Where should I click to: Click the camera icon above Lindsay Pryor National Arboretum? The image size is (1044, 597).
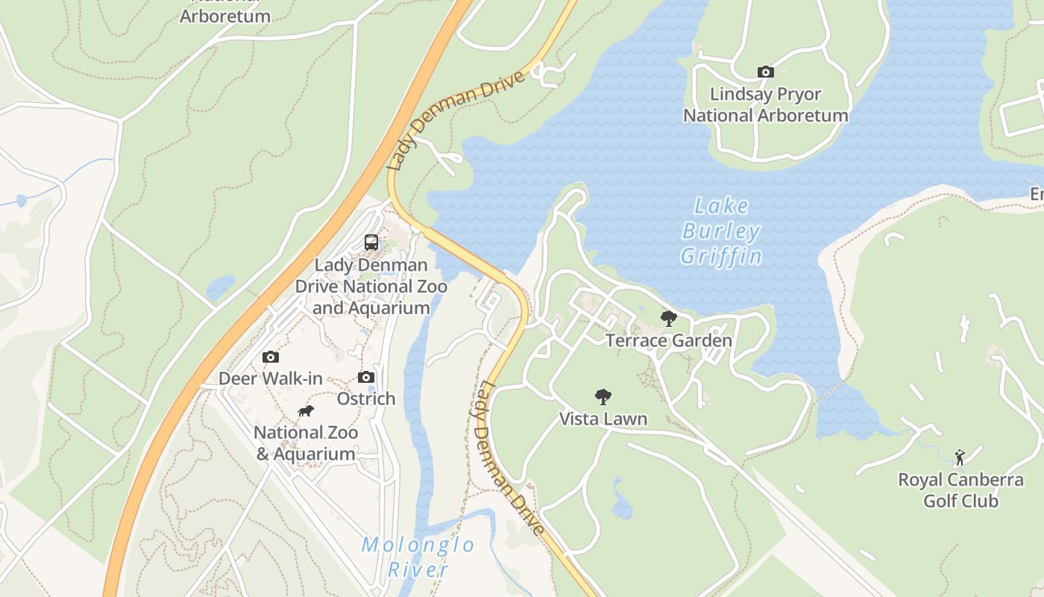765,72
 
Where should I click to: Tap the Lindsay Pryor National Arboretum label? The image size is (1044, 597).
766,105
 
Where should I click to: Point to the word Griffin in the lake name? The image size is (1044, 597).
721,257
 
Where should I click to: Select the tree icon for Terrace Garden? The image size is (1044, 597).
669,319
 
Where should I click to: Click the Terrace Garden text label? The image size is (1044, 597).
669,341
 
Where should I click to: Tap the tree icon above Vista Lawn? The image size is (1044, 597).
603,397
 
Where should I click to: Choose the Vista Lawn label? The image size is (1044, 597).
603,419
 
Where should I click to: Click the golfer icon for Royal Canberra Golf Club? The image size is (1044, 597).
960,457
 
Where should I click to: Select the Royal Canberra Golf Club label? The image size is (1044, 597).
960,490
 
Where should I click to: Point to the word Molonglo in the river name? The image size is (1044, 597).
418,545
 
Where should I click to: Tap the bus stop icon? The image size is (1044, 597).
371,243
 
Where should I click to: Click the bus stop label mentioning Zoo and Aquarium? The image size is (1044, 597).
371,287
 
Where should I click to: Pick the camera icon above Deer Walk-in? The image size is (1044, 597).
271,357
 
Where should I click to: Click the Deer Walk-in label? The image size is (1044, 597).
271,379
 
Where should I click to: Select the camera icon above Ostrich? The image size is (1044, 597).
366,378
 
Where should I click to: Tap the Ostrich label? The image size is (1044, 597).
366,398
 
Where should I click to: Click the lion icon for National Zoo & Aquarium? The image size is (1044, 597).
306,411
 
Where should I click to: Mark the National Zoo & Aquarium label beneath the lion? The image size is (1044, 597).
306,443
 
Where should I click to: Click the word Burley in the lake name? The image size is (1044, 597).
721,231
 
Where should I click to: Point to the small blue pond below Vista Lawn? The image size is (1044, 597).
621,501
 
